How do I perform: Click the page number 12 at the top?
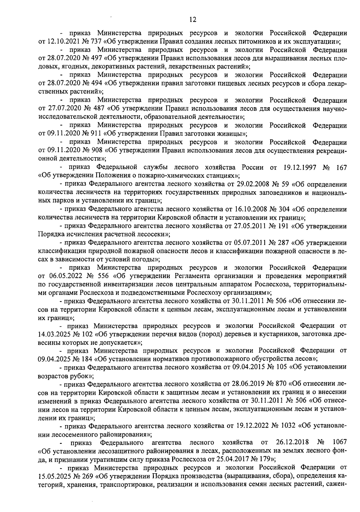click(193, 20)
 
